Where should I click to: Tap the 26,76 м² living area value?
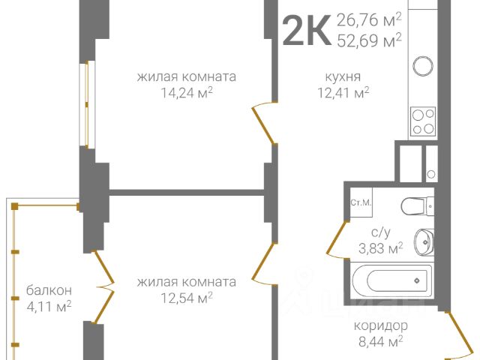[369, 19]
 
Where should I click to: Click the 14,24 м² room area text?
[187, 93]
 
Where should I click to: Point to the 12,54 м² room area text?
[187, 298]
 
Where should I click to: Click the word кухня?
[343, 76]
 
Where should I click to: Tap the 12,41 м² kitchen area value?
[343, 93]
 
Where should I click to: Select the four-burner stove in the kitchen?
[424, 121]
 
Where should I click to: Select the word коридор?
[381, 326]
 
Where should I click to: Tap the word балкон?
[49, 289]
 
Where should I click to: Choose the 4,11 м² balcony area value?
[49, 306]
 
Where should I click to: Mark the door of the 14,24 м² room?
[263, 124]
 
